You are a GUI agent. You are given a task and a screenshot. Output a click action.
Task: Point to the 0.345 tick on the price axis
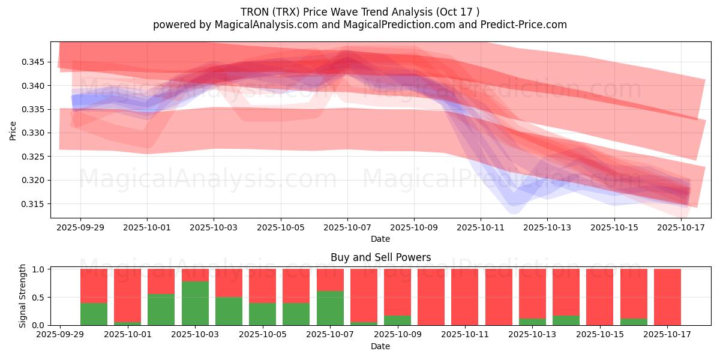(34, 62)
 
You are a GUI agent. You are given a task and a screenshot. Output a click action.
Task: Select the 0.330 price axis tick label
(34, 133)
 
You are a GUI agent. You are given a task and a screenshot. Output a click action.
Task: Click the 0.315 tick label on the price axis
(34, 204)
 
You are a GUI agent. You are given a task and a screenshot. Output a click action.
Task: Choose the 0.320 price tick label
(34, 180)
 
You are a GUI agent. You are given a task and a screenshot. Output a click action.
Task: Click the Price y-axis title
(13, 130)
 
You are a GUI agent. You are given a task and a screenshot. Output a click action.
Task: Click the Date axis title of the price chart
(380, 239)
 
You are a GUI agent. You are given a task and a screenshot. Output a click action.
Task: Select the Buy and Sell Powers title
(380, 257)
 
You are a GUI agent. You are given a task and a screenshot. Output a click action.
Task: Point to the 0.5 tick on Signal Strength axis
(38, 298)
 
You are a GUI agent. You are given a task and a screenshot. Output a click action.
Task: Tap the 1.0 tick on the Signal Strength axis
(38, 269)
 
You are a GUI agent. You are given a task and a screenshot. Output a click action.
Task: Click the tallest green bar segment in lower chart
(195, 303)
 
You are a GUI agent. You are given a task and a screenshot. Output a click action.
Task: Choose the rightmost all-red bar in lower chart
(667, 297)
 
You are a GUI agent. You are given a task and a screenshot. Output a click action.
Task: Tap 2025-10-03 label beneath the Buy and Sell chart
(195, 335)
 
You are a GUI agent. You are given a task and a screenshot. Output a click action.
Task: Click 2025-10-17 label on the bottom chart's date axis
(667, 335)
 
